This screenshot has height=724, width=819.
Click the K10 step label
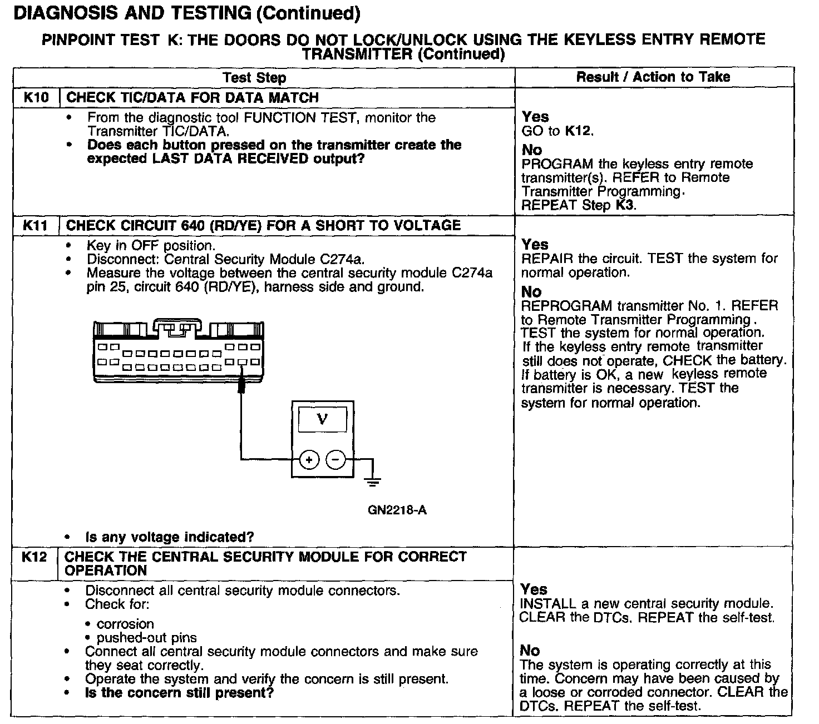[36, 98]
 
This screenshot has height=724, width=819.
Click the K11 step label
[36, 226]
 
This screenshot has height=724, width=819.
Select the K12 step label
[34, 557]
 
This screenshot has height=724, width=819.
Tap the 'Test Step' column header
[254, 77]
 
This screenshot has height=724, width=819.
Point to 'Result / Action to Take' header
[653, 77]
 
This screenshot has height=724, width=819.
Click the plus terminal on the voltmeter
[309, 459]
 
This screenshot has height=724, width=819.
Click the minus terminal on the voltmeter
[335, 459]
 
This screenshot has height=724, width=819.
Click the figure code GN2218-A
[397, 510]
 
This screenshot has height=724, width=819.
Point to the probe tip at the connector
[241, 385]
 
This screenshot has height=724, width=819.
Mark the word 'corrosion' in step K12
[125, 624]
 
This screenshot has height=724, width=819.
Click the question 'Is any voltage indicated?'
[169, 537]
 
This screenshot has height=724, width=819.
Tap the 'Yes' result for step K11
[535, 245]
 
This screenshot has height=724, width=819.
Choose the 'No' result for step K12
[530, 651]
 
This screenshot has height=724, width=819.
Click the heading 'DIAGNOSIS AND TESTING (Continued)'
[186, 13]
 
